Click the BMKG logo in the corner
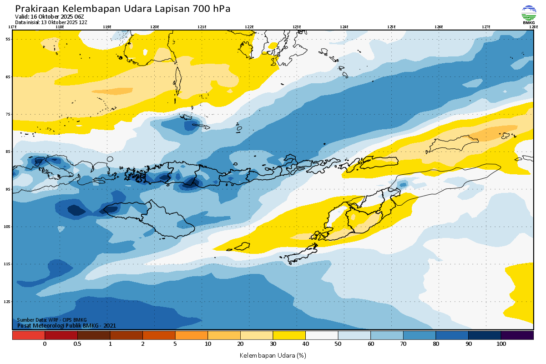(528, 14)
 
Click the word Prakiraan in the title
(37, 9)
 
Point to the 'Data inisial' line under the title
(51, 22)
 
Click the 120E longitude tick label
(154, 27)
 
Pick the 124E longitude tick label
(344, 27)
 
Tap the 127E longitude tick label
(486, 27)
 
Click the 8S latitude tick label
(8, 152)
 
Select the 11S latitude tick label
(8, 264)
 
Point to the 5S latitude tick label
(8, 39)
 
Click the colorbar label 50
(338, 344)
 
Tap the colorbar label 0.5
(77, 344)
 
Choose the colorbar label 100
(501, 344)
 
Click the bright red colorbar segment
(28, 335)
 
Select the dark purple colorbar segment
(517, 335)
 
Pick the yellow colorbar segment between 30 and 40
(289, 335)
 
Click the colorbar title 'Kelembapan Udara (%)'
(273, 355)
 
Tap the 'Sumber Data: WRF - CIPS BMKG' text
(52, 320)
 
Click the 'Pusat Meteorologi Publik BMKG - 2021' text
(66, 325)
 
